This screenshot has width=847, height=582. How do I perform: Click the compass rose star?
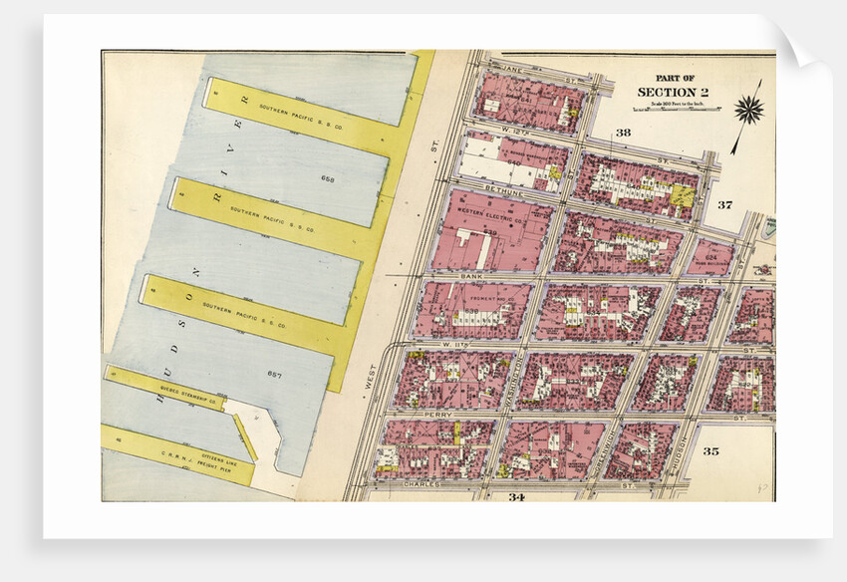[x=748, y=109]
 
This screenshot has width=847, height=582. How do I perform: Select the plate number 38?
[x=623, y=133]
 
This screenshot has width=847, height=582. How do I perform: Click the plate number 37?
[x=724, y=205]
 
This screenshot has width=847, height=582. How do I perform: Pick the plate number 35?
[x=710, y=451]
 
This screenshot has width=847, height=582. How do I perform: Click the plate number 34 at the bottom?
[x=516, y=496]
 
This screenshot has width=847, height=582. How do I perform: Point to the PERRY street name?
[x=438, y=414]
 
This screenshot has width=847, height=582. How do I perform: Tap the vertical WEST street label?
[x=370, y=376]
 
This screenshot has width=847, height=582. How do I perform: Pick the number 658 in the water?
[x=328, y=178]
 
